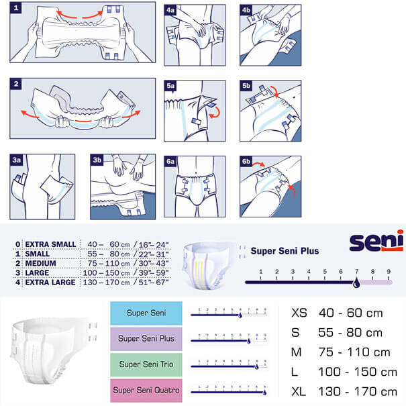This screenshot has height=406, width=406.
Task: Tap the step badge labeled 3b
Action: point(97,160)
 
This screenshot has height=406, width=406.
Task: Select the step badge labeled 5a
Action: point(171,86)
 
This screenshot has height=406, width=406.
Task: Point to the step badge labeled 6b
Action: point(246,161)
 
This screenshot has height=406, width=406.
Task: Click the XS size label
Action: point(301,313)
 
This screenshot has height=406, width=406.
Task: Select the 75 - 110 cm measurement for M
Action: point(356,352)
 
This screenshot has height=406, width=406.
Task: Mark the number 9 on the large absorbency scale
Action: point(389,272)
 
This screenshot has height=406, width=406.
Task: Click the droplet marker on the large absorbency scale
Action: point(356,283)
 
